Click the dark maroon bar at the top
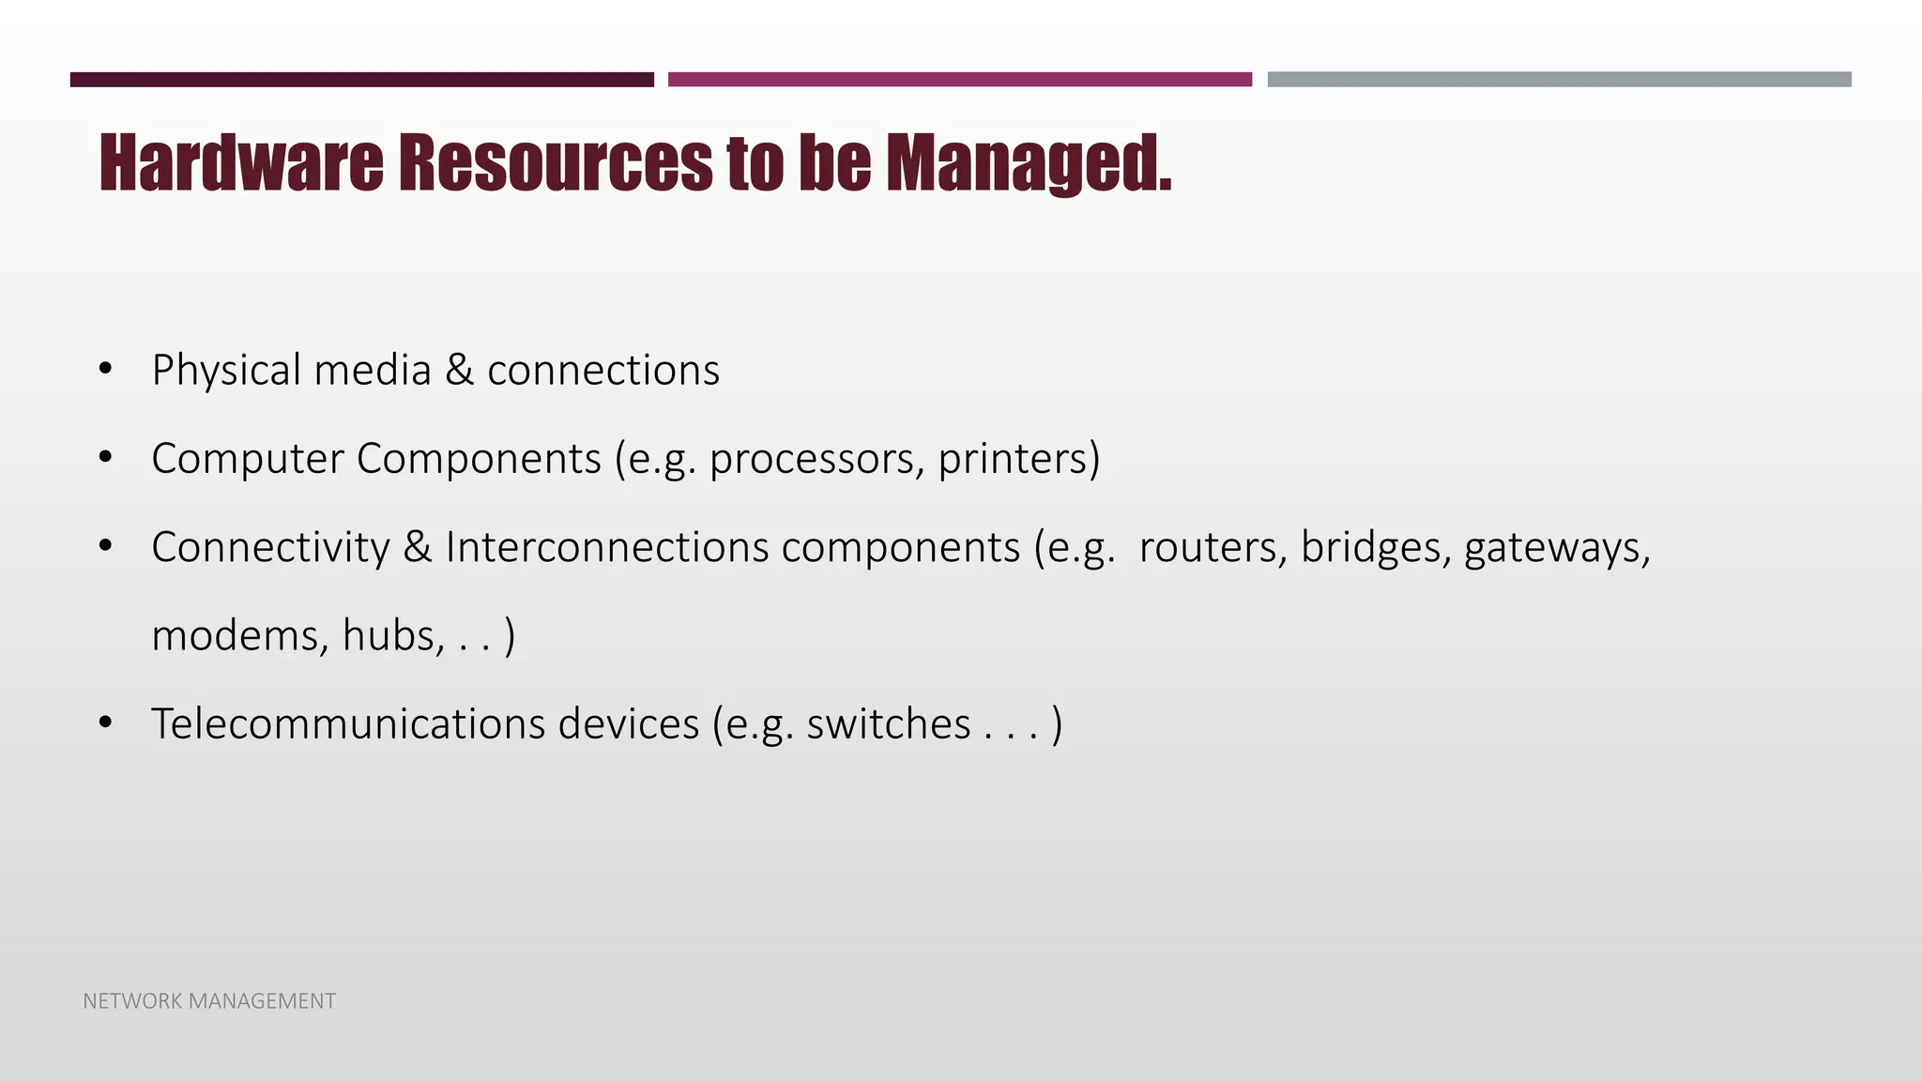point(361,80)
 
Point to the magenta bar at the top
point(959,80)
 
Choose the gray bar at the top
point(1559,80)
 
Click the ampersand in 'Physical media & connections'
point(459,370)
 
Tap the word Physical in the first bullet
point(226,370)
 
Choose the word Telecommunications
point(347,723)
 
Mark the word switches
point(888,723)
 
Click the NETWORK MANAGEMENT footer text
point(209,1001)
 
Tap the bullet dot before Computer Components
point(105,459)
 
